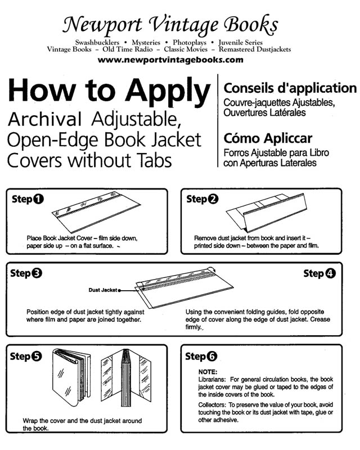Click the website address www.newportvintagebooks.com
pyautogui.click(x=170, y=60)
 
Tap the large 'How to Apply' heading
pyautogui.click(x=109, y=90)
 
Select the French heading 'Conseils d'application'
pyautogui.click(x=290, y=88)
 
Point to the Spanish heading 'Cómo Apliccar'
pyautogui.click(x=268, y=138)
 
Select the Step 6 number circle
pyautogui.click(x=212, y=356)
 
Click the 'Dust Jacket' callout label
pyautogui.click(x=102, y=290)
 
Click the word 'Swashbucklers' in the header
pyautogui.click(x=96, y=42)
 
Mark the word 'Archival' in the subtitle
pyautogui.click(x=46, y=119)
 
